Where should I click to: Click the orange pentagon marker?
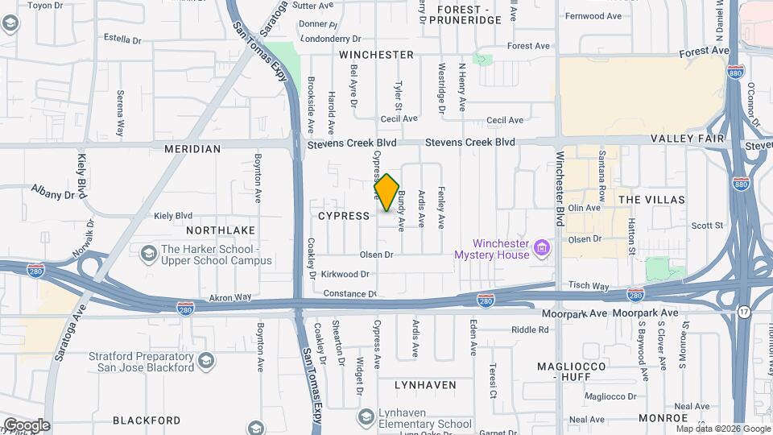(x=387, y=193)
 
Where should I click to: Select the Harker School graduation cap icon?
(x=148, y=255)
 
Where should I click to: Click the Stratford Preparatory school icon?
(x=206, y=359)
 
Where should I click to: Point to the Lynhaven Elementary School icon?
(x=366, y=416)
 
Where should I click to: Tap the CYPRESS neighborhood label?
(x=344, y=216)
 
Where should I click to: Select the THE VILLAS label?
(x=651, y=199)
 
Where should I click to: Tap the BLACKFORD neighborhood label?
(x=147, y=420)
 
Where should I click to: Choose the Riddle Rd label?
(x=529, y=329)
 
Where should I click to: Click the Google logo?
(x=27, y=425)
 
